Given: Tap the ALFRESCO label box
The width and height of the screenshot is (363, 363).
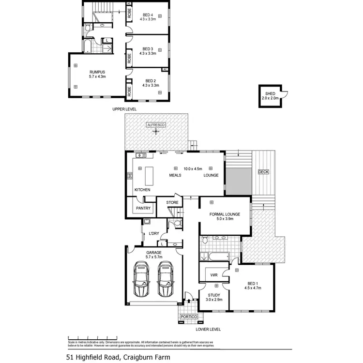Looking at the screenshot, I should pyautogui.click(x=156, y=125).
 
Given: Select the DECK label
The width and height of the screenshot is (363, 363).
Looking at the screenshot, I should pyautogui.click(x=263, y=172).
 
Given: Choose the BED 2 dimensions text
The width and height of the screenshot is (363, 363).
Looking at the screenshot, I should pyautogui.click(x=151, y=86).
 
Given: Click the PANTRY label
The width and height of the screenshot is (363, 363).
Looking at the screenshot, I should pyautogui.click(x=143, y=208).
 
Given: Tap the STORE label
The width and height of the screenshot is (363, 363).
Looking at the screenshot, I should pyautogui.click(x=172, y=202).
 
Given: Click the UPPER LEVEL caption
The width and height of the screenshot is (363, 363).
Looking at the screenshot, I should pyautogui.click(x=124, y=109).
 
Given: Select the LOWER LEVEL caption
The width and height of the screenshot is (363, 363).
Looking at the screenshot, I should pyautogui.click(x=208, y=329).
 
